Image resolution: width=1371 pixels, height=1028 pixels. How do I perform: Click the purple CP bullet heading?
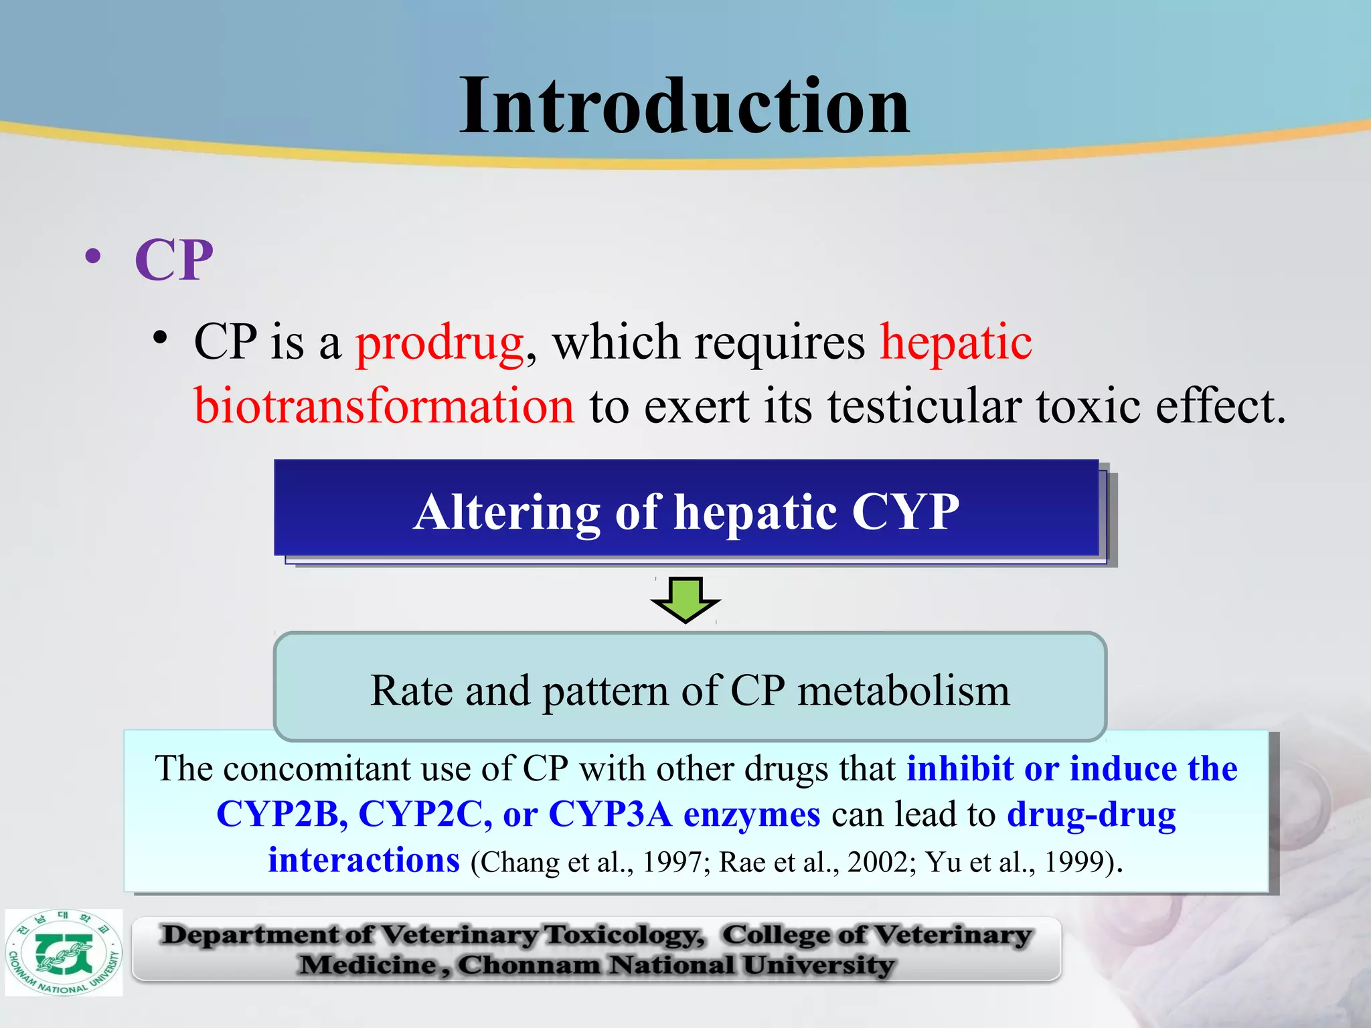click(x=174, y=260)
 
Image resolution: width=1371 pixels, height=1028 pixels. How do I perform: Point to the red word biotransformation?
click(x=384, y=407)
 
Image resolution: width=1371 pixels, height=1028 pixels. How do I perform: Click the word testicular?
click(x=924, y=407)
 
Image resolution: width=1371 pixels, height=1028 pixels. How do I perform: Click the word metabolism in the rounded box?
click(x=904, y=691)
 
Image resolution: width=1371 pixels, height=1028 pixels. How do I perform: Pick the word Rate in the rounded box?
click(x=411, y=691)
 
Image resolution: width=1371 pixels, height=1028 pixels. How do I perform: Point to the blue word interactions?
click(x=364, y=861)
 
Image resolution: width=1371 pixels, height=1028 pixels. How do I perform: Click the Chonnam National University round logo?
click(x=64, y=952)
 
